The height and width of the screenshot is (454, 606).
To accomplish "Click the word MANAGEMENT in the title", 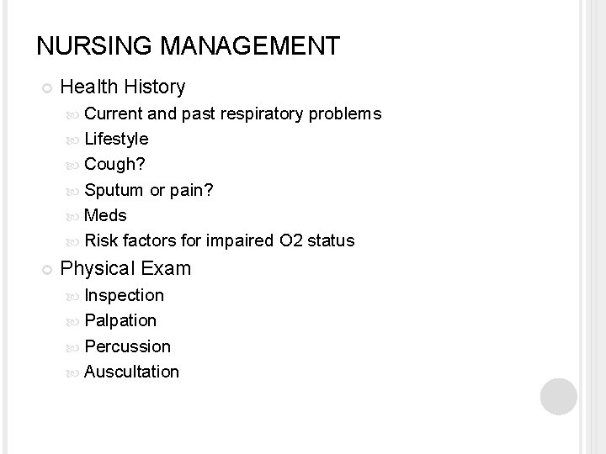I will point(244,45).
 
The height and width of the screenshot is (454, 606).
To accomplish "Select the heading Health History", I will point(123,87).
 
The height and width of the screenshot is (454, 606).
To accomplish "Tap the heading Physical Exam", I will point(126,269).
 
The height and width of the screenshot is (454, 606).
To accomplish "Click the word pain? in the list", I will point(193,190).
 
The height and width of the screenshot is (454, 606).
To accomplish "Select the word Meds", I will point(106,215).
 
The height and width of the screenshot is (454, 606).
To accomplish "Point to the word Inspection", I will point(125,295).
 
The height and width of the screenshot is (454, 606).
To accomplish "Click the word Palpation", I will point(120,320).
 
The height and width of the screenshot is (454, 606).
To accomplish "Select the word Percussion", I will point(127,346).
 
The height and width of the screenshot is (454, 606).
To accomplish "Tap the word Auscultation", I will point(132,372).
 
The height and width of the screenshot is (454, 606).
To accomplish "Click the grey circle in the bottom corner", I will point(558,395).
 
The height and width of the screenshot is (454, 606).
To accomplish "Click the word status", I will point(331,241).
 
